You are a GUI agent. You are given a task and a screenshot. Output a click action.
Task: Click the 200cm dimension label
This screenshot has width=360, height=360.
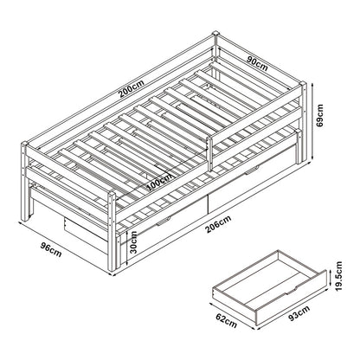(x=132, y=87)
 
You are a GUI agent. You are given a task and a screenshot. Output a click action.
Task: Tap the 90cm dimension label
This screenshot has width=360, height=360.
(x=258, y=63)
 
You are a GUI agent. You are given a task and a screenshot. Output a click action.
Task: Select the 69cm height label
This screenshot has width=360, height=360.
(x=319, y=115)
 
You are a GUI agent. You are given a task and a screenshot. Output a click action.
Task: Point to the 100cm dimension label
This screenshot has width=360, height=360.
(x=159, y=183)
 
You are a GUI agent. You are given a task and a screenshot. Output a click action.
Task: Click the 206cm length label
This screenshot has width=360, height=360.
(x=218, y=224)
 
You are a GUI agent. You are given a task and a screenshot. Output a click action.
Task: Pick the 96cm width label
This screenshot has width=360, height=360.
(x=51, y=249)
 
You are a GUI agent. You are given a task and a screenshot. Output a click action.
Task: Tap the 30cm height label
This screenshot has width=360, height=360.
(x=133, y=242)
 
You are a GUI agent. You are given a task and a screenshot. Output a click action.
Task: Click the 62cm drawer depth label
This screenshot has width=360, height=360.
(x=227, y=320)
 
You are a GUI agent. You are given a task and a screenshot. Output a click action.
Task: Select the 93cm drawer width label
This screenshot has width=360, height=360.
(x=299, y=313)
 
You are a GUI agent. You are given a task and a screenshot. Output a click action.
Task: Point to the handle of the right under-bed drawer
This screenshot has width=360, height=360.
(x=252, y=170)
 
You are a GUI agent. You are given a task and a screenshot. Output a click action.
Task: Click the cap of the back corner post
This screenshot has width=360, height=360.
(x=215, y=34)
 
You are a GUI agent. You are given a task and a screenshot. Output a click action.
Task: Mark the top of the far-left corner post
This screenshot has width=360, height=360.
(x=24, y=143)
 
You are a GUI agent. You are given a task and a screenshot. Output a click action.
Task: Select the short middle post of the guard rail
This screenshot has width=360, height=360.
(x=209, y=154)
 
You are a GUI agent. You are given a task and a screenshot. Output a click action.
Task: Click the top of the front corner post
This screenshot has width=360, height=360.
(x=112, y=193)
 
